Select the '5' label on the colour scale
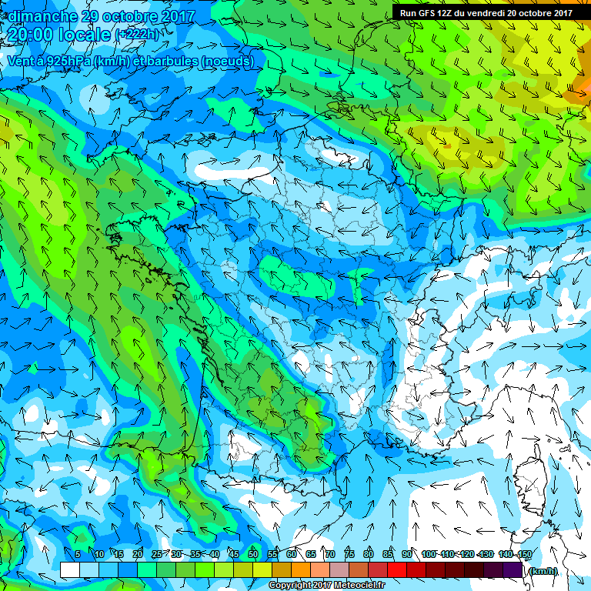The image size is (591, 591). (78, 554)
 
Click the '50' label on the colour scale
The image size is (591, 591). (253, 554)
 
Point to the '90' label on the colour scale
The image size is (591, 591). (407, 554)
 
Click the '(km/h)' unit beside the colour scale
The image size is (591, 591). (543, 571)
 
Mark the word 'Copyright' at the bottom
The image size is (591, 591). (291, 586)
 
